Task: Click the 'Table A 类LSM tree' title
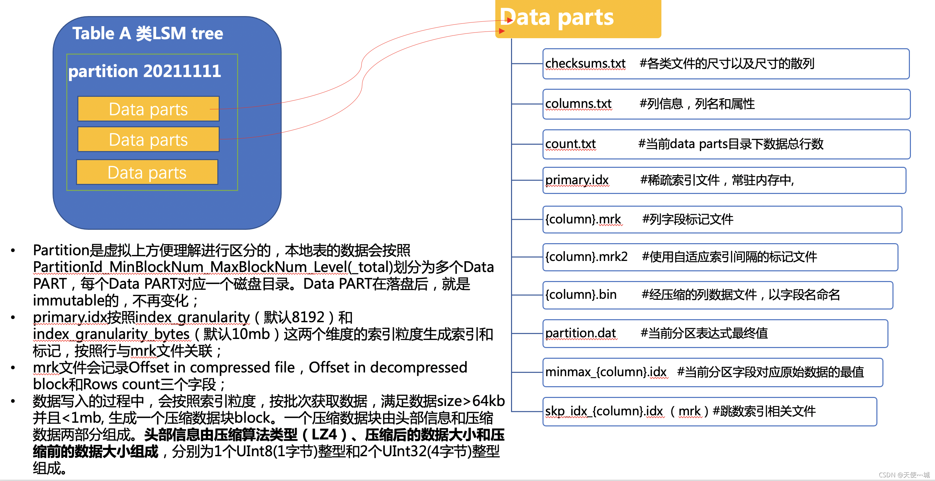pos(147,33)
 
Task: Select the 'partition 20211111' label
pos(144,71)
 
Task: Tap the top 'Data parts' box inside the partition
pos(148,109)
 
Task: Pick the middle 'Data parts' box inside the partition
pos(148,139)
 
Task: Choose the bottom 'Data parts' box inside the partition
pos(147,173)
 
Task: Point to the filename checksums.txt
pos(585,64)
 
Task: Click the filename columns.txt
pos(578,104)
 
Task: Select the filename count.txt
pos(570,144)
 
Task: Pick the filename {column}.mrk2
pos(586,257)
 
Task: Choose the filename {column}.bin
pos(581,294)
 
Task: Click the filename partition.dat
pos(580,333)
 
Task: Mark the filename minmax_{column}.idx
pos(605,372)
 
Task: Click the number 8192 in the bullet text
pos(308,317)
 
